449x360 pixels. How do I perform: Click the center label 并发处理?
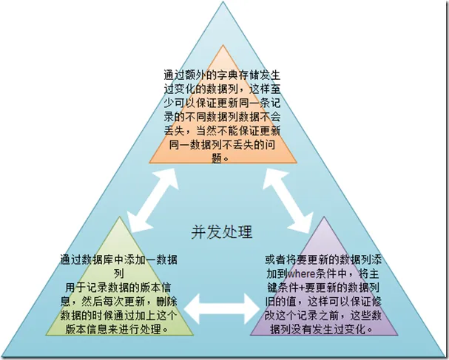[222, 232]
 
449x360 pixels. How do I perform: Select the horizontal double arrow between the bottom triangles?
[222, 309]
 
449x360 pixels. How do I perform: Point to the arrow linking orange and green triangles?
[153, 200]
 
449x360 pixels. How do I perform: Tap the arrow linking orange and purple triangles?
[287, 200]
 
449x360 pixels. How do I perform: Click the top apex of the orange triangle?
[223, 44]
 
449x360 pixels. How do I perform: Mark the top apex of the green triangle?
[119, 217]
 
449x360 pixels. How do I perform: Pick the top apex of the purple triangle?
[324, 217]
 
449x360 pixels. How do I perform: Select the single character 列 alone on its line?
[119, 274]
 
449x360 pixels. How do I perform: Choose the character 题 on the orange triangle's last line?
[217, 157]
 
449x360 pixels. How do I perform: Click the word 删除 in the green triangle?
[166, 302]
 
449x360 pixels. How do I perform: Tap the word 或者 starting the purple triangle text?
[275, 260]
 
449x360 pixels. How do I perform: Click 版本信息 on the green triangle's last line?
[87, 329]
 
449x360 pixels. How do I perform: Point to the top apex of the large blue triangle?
[223, 1]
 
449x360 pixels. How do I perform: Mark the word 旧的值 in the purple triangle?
[280, 302]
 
